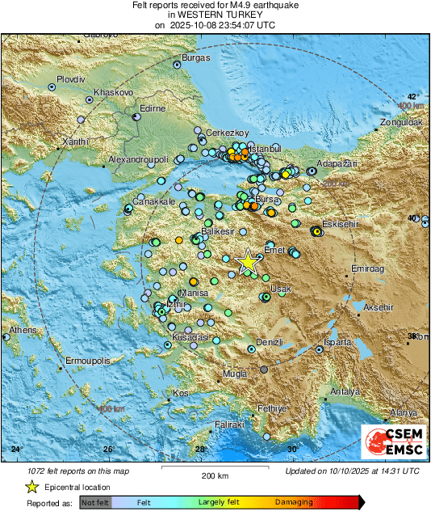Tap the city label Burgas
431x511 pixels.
point(196,57)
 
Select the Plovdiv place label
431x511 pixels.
point(70,80)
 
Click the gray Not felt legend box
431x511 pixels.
point(95,502)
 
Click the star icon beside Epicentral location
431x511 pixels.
point(31,487)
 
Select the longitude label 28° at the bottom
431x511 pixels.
point(200,449)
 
